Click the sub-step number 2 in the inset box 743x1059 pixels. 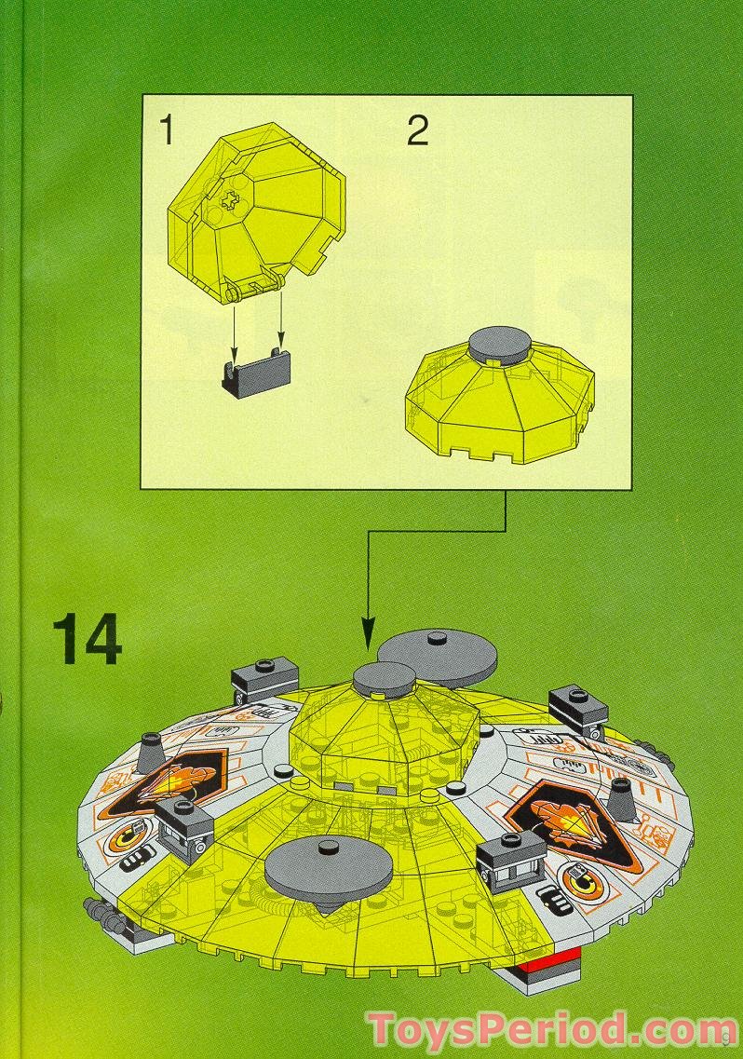pyautogui.click(x=418, y=130)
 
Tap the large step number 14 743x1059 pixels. pyautogui.click(x=88, y=639)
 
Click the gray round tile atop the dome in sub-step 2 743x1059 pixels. pyautogui.click(x=500, y=346)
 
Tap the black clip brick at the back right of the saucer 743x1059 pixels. pyautogui.click(x=578, y=712)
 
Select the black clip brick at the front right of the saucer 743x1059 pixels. pyautogui.click(x=510, y=862)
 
